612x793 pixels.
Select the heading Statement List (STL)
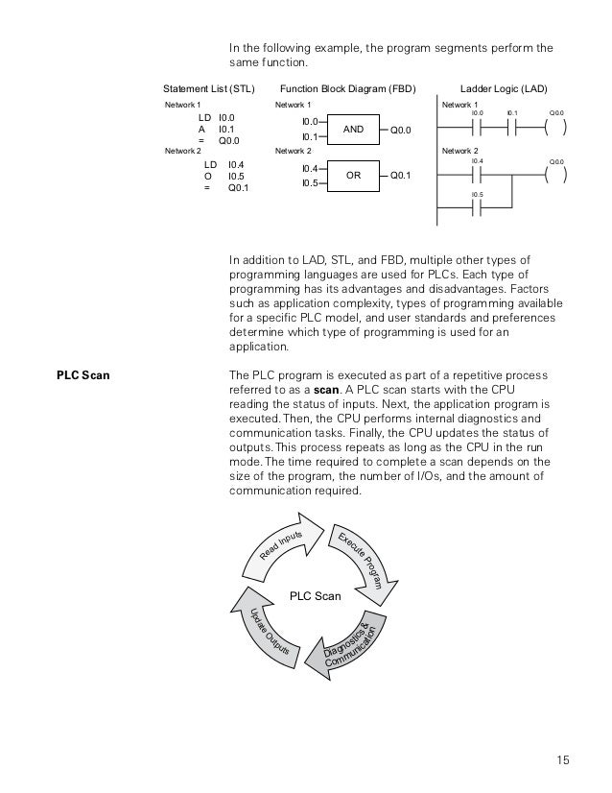[x=209, y=87]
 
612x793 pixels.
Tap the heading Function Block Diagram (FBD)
[x=348, y=87]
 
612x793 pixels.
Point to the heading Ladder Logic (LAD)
[x=504, y=87]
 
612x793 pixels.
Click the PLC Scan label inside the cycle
[x=316, y=596]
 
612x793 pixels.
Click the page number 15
[x=562, y=760]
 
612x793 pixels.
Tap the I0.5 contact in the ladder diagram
[x=478, y=210]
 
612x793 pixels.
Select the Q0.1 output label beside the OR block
[x=401, y=176]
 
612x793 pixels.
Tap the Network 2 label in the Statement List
[x=183, y=152]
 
